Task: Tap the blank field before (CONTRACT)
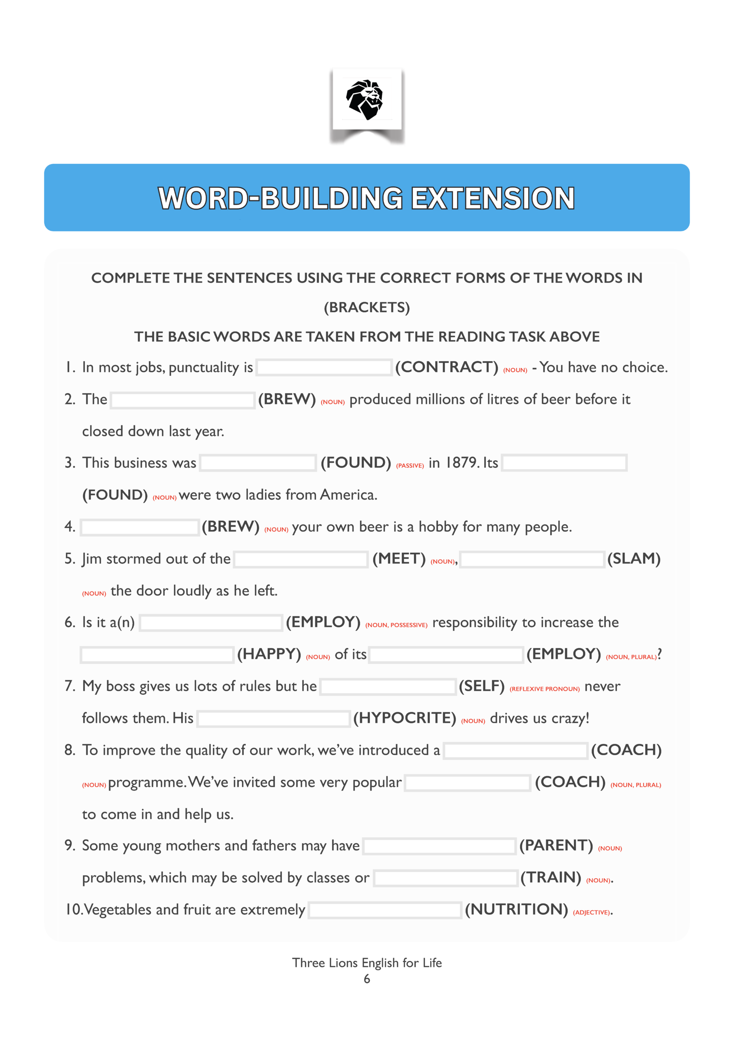coord(324,367)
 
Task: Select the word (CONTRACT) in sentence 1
coord(446,367)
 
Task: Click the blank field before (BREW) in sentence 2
coord(183,400)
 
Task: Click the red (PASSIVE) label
coord(410,465)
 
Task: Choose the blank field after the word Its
coord(564,463)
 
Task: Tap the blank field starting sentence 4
coord(139,527)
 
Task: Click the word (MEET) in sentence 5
coord(399,559)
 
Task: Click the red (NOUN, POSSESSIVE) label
coord(396,625)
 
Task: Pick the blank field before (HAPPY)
coord(157,654)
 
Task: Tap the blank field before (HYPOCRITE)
coord(274,718)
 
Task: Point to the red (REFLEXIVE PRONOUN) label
coord(545,689)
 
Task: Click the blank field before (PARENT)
coord(439,846)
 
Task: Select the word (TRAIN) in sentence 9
coord(550,877)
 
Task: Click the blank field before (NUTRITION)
coord(384,910)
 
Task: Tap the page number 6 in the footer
coord(367,979)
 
